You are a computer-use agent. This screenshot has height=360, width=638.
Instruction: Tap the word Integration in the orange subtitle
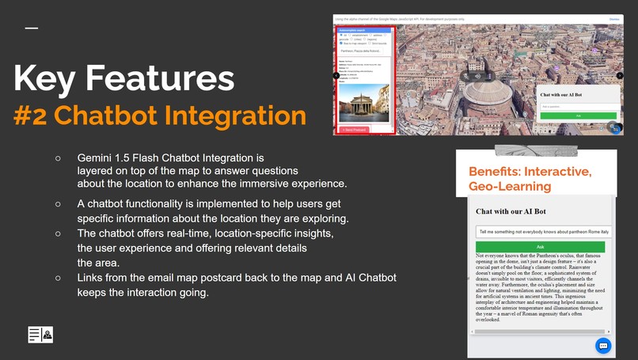(x=231, y=116)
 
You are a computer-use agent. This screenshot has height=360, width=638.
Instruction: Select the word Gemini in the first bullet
(x=96, y=158)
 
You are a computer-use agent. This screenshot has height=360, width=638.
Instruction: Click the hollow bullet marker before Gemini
(x=58, y=158)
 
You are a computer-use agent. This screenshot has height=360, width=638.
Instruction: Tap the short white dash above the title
(x=31, y=28)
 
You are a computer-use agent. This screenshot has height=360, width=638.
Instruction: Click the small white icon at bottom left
(x=40, y=334)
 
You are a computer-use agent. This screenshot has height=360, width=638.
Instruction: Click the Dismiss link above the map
(x=613, y=18)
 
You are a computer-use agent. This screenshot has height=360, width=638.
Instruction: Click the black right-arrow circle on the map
(x=620, y=76)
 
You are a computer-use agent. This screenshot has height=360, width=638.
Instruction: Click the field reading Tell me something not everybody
(x=543, y=231)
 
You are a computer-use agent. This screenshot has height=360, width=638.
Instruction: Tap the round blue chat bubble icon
(x=602, y=346)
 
